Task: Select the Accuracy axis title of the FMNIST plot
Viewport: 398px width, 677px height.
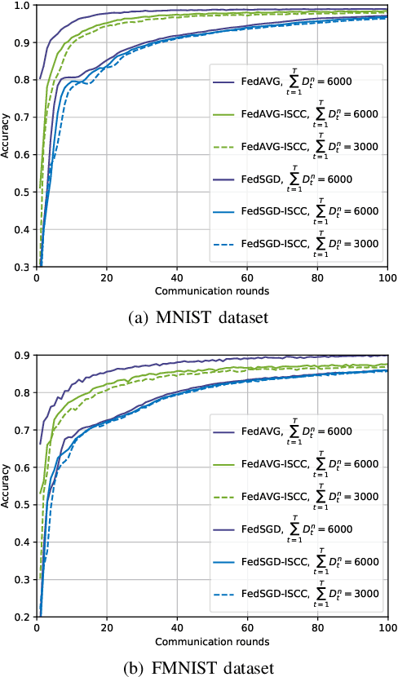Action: pos(7,485)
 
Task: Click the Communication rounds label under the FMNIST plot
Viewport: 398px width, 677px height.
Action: pos(211,639)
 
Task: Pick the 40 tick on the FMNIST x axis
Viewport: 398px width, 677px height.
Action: pos(177,627)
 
